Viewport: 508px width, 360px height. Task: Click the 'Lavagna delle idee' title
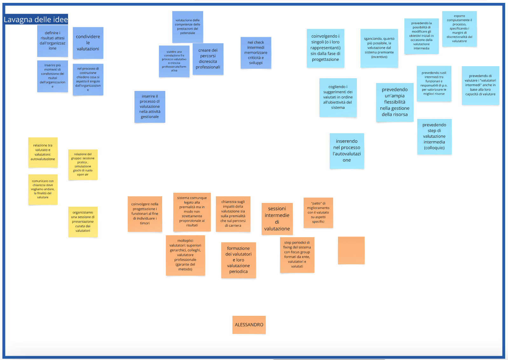36,19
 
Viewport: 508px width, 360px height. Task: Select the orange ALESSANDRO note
249,325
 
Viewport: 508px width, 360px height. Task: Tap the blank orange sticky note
351,250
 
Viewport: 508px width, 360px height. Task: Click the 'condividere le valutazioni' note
88,43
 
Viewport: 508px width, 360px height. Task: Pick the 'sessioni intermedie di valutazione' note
277,219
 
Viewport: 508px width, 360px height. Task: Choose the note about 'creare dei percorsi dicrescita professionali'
208,59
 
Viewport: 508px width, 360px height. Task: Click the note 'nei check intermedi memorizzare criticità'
256,53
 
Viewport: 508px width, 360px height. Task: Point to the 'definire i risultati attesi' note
52,41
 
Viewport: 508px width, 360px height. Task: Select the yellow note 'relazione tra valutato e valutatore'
43,152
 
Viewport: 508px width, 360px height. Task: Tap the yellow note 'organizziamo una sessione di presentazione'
83,222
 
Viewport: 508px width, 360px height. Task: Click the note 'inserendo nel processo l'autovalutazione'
347,151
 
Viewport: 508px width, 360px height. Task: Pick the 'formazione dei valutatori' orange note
238,260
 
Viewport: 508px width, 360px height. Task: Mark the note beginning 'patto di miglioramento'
318,212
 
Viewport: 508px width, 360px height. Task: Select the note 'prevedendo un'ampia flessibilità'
395,102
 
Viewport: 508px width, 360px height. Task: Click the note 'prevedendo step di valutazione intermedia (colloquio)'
434,136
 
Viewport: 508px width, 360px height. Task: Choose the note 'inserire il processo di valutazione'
150,107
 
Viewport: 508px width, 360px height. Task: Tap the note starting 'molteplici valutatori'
185,255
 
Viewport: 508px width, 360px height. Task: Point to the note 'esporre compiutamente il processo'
459,29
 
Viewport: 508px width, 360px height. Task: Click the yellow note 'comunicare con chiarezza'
43,189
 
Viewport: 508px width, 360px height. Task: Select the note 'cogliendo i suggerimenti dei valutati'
338,97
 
